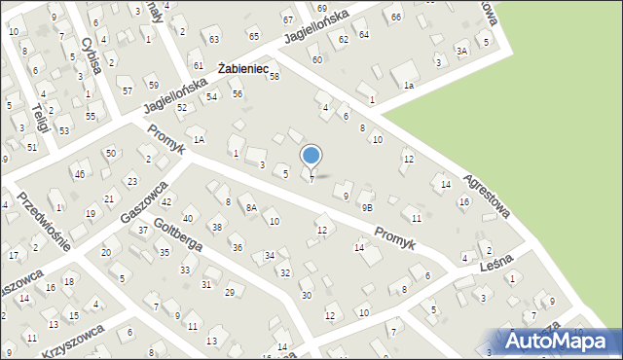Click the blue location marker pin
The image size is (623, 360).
click(311, 156)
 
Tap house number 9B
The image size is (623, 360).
click(367, 207)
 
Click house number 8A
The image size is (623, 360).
click(250, 207)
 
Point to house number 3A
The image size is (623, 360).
click(462, 50)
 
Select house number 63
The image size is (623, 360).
click(213, 40)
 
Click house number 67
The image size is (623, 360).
click(287, 20)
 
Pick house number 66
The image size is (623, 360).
click(394, 18)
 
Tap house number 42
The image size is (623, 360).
click(166, 202)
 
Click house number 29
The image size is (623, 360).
click(230, 292)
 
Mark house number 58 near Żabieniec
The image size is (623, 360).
click(275, 76)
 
